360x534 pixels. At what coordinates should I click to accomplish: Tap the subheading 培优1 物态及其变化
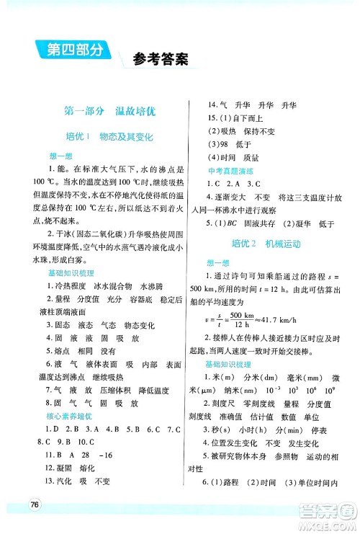[109, 137]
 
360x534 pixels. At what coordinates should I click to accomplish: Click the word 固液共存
[260, 223]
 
